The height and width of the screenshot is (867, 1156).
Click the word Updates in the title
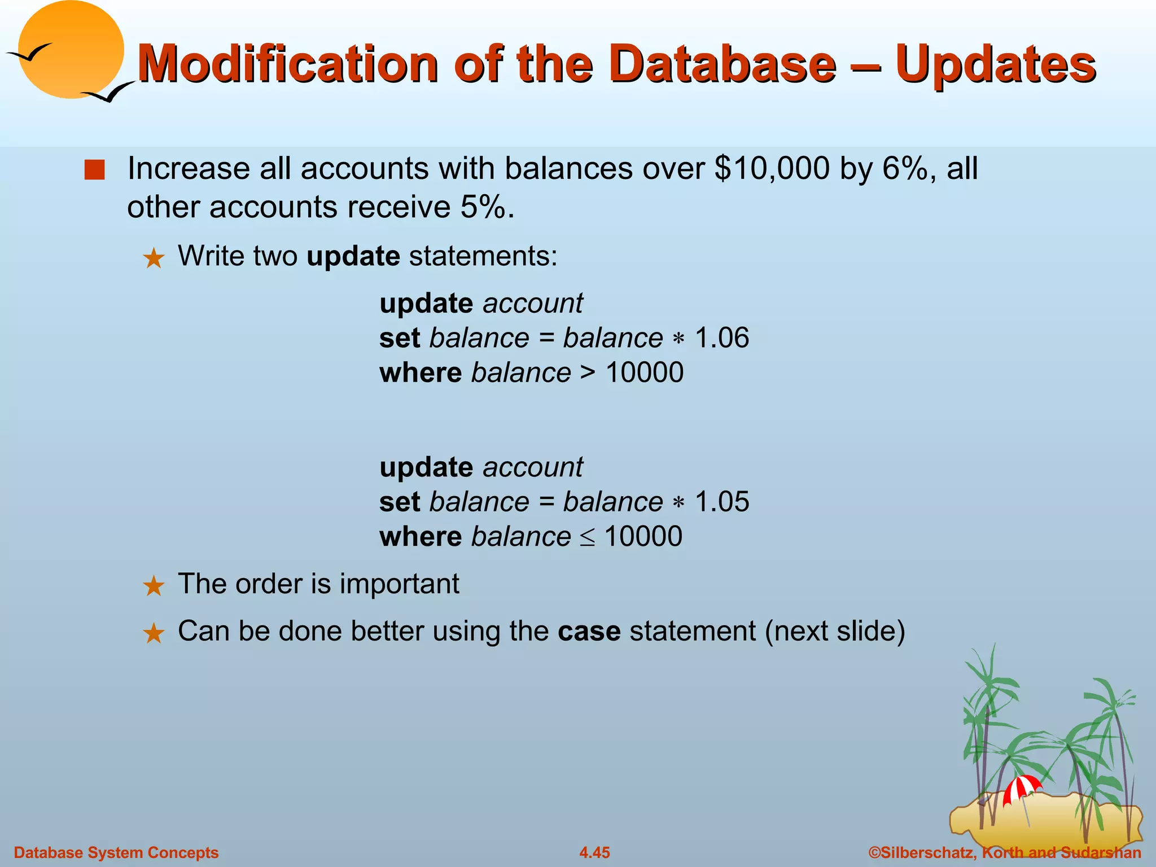tap(995, 65)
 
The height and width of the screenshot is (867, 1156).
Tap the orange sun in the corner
tap(71, 50)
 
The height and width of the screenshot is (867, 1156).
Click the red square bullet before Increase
tap(94, 170)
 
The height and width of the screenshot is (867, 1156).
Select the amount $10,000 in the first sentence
tap(772, 169)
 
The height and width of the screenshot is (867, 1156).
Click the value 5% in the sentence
tap(483, 207)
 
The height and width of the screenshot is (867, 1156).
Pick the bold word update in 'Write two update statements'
tap(353, 256)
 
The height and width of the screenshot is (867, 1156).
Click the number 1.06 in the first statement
tap(721, 338)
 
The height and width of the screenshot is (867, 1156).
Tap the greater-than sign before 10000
tap(588, 373)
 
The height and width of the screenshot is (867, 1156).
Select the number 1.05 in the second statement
tap(721, 502)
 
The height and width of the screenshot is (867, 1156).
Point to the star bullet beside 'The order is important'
tap(154, 586)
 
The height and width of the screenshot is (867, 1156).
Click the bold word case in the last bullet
tap(589, 631)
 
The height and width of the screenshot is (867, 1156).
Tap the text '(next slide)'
tap(835, 631)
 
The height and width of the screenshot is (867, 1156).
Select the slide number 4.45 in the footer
tap(594, 852)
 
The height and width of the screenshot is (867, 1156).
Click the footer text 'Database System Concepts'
tap(116, 852)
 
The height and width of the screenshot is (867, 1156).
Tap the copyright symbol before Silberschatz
tap(874, 852)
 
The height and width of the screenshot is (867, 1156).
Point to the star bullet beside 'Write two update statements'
tap(154, 259)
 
